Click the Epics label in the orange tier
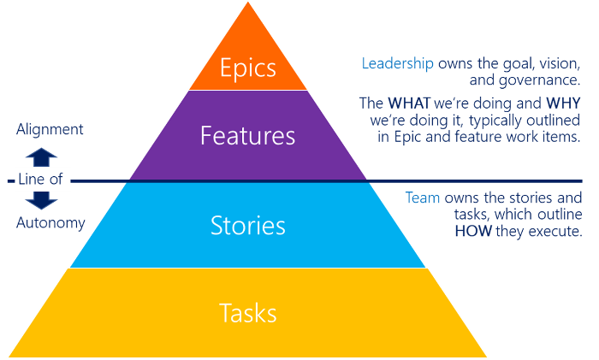click(248, 68)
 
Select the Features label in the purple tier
click(248, 136)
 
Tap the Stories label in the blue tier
click(248, 226)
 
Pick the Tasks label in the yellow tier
click(248, 313)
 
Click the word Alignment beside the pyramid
click(50, 130)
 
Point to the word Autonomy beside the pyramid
click(50, 224)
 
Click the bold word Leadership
click(397, 63)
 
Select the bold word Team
click(422, 198)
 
